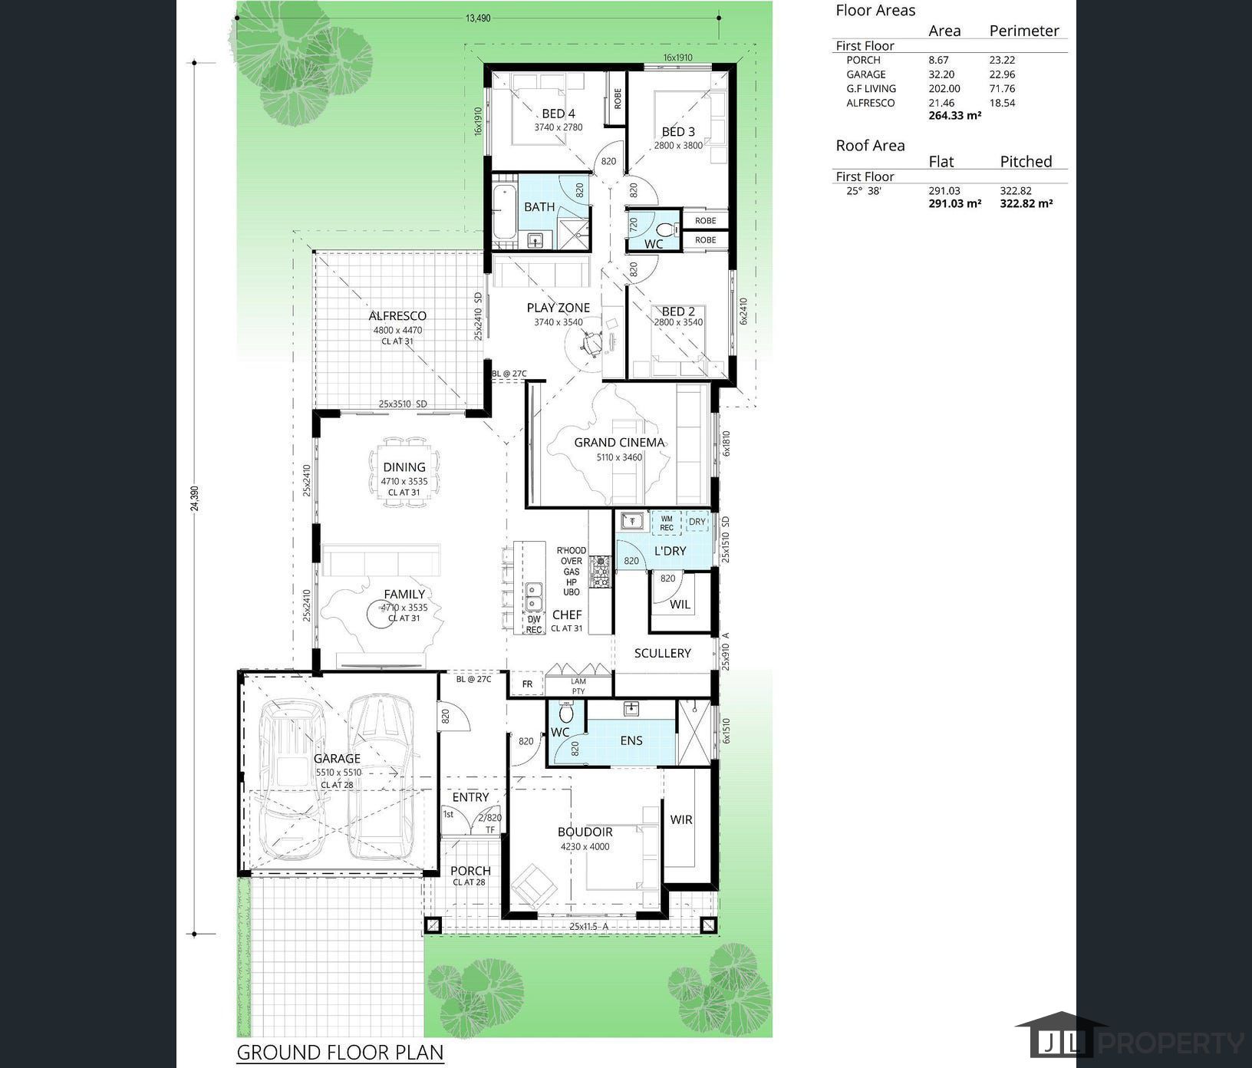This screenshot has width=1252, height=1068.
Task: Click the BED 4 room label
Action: tap(558, 114)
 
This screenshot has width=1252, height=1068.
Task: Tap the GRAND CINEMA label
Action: tap(619, 443)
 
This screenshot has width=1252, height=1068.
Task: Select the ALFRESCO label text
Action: tap(397, 316)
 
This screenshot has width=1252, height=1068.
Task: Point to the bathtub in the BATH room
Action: tap(504, 212)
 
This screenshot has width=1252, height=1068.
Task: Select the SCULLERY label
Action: tap(662, 653)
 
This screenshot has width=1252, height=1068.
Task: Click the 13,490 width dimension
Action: tap(477, 18)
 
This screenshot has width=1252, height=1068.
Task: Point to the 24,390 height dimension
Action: tap(194, 498)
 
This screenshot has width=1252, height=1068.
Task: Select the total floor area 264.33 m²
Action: tap(954, 116)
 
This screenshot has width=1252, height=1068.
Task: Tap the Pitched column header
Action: tap(1025, 161)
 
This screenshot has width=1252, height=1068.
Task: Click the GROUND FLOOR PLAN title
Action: tap(340, 1051)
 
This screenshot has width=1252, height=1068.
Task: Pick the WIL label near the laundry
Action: tap(680, 605)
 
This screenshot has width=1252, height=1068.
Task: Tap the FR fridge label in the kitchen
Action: tap(527, 684)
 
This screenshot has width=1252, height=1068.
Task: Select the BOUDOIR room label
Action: tap(585, 832)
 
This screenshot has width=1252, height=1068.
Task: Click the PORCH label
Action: tap(470, 871)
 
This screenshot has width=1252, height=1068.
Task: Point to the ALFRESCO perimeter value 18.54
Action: tap(1002, 103)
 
